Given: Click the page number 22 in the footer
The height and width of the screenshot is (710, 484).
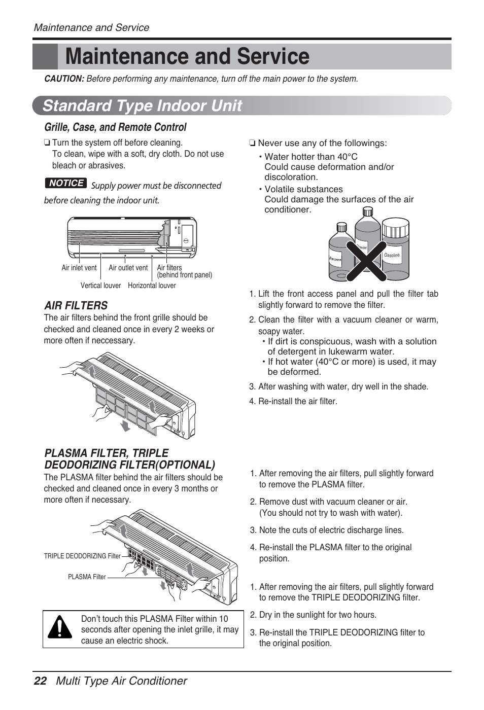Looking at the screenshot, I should tap(40, 681).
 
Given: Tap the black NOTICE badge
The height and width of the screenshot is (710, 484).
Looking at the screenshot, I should tap(66, 183).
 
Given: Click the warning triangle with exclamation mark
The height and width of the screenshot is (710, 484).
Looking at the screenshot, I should tap(60, 628).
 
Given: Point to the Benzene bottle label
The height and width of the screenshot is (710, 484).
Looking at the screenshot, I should tap(335, 259).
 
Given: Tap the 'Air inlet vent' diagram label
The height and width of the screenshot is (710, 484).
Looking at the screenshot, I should tap(79, 268).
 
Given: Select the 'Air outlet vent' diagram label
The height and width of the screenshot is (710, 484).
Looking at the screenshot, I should tap(128, 268).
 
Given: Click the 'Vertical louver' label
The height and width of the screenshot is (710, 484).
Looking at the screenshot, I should tap(100, 286).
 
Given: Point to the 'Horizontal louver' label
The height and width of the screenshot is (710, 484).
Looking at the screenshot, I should tap(152, 286).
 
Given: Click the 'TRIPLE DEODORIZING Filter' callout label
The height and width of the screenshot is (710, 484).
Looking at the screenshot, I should tap(82, 556).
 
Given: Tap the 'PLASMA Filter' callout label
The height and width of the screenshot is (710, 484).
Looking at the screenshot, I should tap(87, 577).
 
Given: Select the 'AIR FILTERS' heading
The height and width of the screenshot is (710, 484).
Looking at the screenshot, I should tap(76, 305).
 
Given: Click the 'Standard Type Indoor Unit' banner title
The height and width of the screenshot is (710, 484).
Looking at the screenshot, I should tap(143, 105).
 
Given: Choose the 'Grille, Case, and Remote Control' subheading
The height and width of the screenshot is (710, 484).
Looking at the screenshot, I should tap(115, 127).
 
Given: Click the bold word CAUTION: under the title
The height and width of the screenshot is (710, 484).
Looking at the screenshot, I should tap(64, 79).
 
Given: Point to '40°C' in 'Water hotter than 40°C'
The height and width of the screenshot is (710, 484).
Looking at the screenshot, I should tap(347, 157).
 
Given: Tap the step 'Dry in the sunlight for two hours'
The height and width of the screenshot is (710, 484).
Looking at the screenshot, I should tap(317, 615).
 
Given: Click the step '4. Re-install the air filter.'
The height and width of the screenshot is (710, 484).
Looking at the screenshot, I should tap(297, 401).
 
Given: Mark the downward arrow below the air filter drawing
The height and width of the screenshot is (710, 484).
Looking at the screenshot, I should tap(125, 425).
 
